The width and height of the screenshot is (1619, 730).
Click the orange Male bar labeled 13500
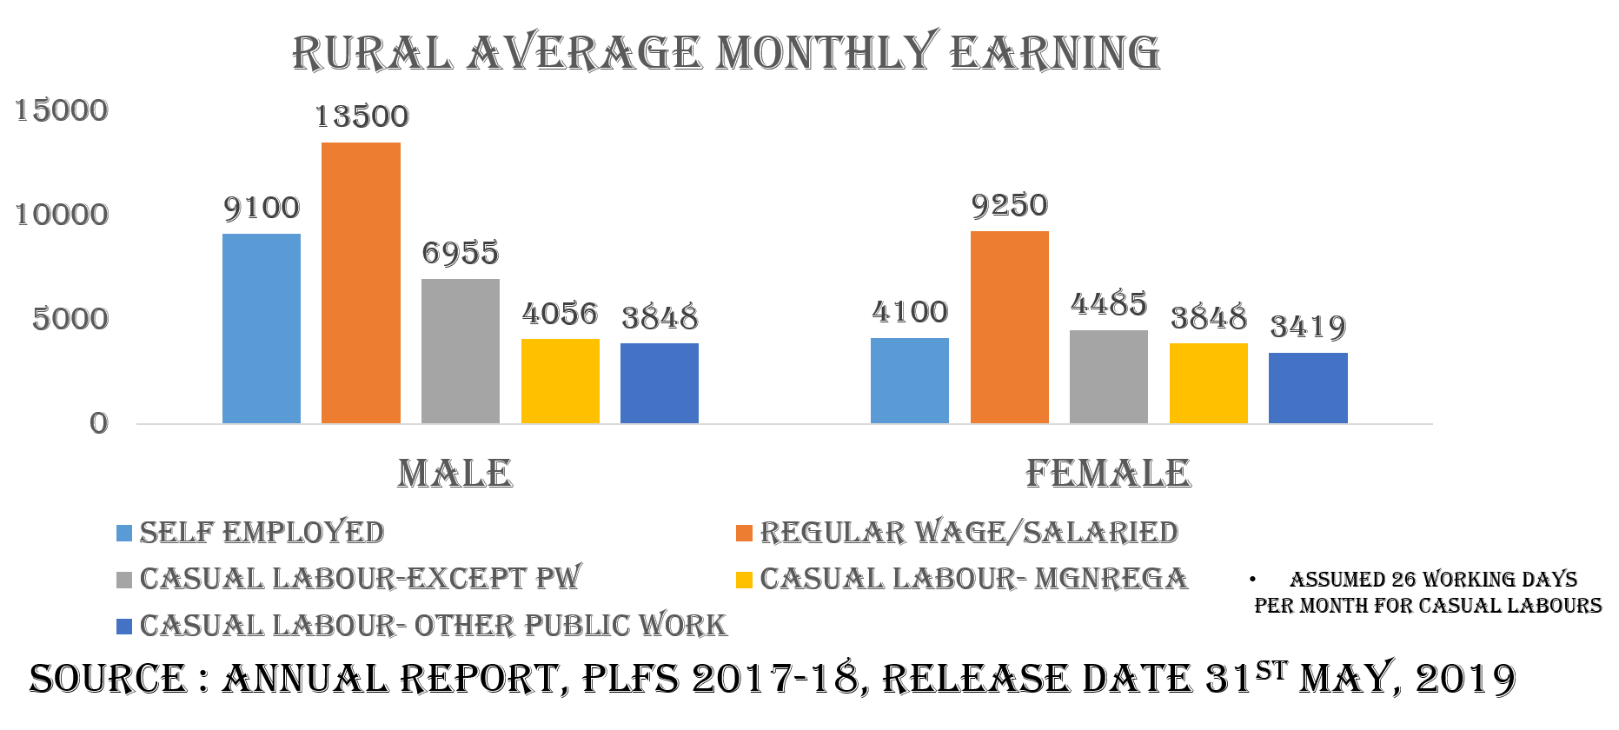pyautogui.click(x=361, y=282)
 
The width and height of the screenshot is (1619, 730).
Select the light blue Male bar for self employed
pyautogui.click(x=262, y=328)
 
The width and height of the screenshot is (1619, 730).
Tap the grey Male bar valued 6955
pyautogui.click(x=461, y=351)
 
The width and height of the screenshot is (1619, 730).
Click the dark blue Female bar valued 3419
pyautogui.click(x=1308, y=388)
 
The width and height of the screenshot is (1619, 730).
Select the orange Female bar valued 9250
pyautogui.click(x=1010, y=327)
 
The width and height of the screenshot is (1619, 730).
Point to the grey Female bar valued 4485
pyautogui.click(x=1109, y=376)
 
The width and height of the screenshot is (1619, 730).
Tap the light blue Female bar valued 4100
pyautogui.click(x=910, y=381)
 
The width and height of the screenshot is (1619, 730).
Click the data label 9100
pyautogui.click(x=262, y=209)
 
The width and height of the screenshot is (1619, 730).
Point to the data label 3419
pyautogui.click(x=1308, y=328)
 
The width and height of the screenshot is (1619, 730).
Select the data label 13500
pyautogui.click(x=361, y=116)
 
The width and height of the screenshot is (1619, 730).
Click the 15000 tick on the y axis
pyautogui.click(x=63, y=110)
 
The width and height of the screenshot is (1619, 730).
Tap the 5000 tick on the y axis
pyautogui.click(x=71, y=319)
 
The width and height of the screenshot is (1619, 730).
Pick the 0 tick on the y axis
pyautogui.click(x=99, y=423)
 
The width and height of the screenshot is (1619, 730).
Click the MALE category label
pyautogui.click(x=455, y=474)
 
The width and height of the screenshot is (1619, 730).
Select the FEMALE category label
pyautogui.click(x=1108, y=474)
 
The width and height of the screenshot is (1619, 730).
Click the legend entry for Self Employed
pyautogui.click(x=262, y=533)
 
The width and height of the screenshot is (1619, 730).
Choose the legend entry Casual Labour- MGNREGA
pyautogui.click(x=973, y=579)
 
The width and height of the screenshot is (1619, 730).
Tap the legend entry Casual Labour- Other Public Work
pyautogui.click(x=433, y=626)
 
